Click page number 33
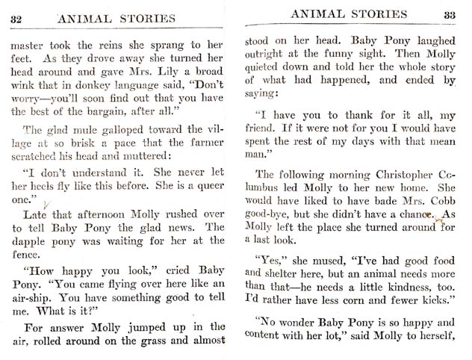click(449, 13)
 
